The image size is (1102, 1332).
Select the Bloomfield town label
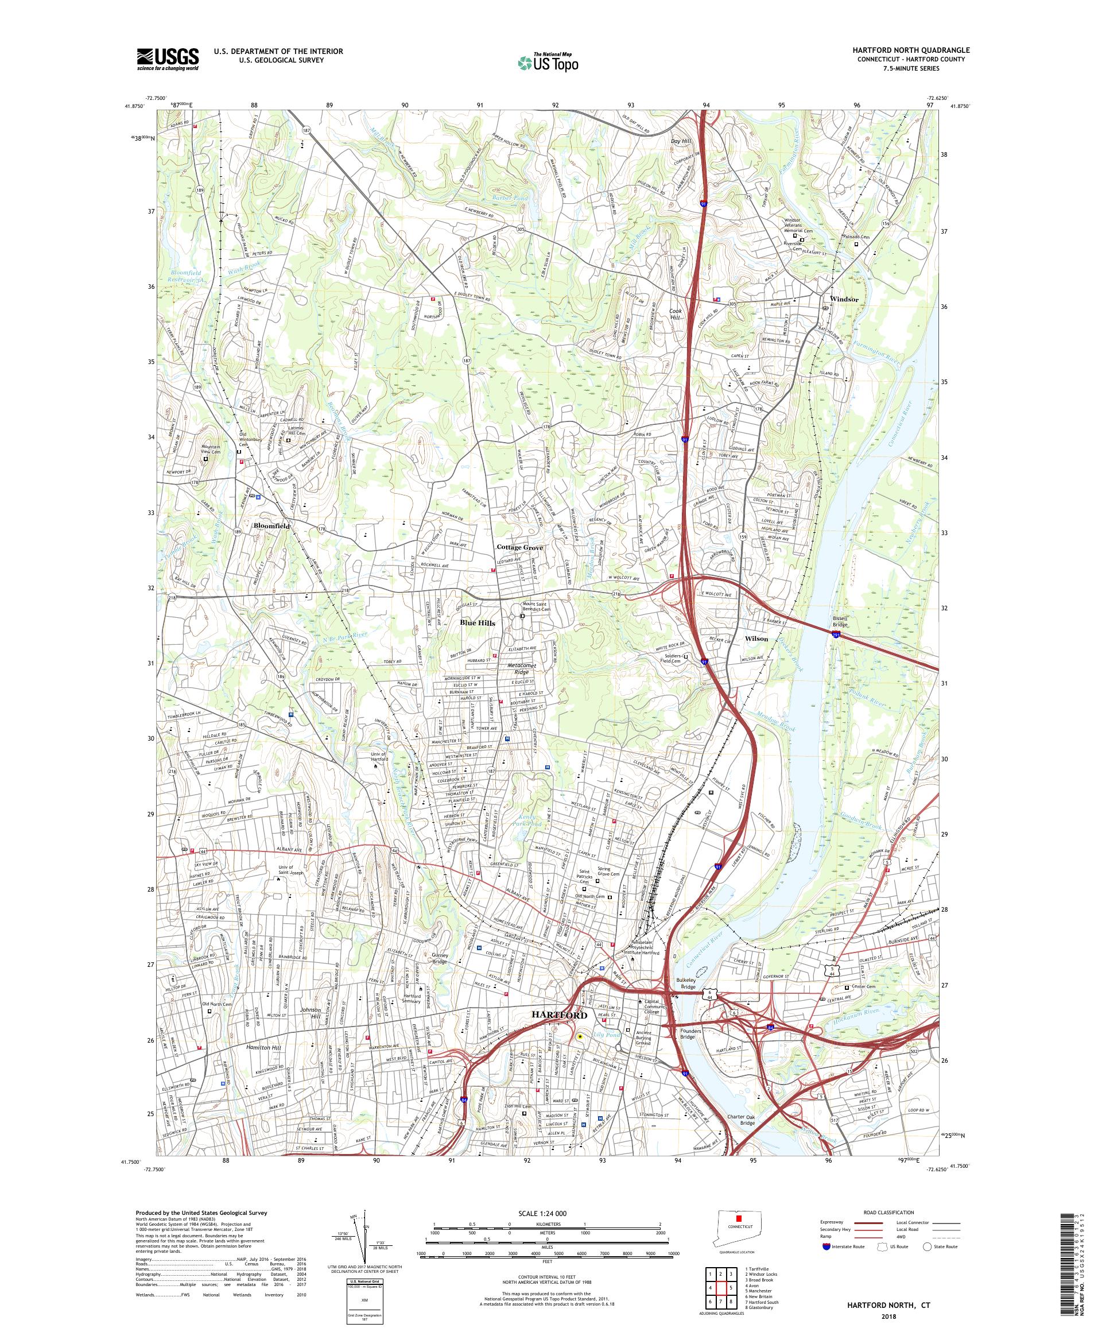click(x=271, y=526)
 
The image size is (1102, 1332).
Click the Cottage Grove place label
click(x=519, y=547)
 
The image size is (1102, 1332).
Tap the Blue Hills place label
click(x=478, y=623)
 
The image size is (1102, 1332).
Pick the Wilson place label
click(x=756, y=638)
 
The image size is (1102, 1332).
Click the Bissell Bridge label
click(x=844, y=621)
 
